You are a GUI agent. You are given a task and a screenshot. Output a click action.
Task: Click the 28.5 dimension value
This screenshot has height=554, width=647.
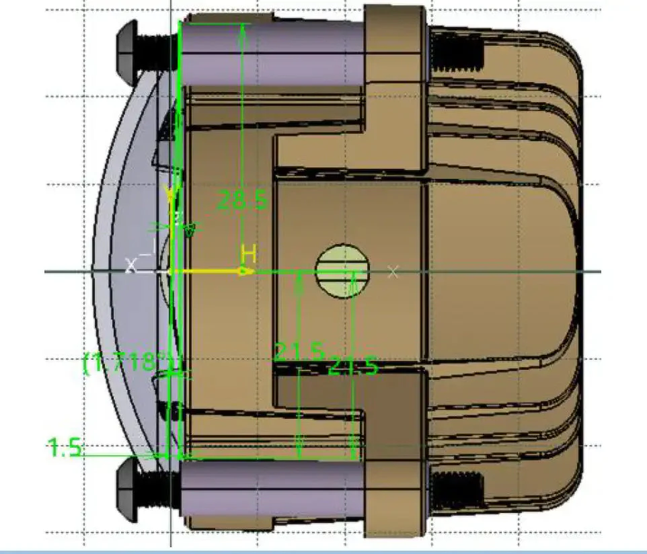click(241, 200)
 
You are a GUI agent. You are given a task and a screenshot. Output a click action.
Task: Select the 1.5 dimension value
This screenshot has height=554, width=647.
click(65, 447)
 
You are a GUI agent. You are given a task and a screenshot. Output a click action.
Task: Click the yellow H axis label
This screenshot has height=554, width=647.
click(249, 254)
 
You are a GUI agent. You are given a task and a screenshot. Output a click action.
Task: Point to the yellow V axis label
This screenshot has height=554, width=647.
click(172, 196)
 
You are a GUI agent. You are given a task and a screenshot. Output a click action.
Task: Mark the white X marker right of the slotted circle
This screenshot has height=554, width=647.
click(394, 272)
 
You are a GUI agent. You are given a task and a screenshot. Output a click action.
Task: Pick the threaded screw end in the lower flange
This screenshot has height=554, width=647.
click(457, 488)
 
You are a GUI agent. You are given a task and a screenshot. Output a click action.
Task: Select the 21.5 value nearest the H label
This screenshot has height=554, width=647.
click(299, 351)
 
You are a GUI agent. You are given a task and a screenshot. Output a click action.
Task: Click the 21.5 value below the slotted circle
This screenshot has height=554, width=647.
click(352, 367)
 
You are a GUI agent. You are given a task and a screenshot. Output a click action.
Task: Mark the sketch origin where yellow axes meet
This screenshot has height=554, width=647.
click(172, 272)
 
